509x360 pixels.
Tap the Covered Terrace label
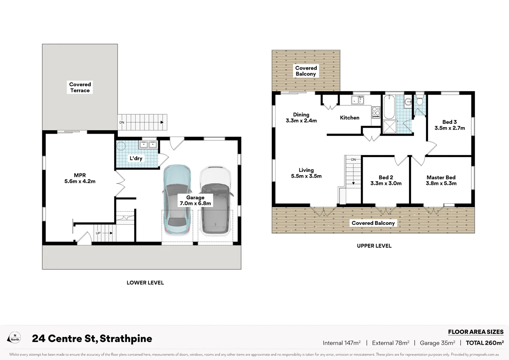[x=80, y=87]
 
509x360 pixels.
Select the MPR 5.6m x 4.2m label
[x=80, y=178]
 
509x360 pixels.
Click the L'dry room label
[x=136, y=158]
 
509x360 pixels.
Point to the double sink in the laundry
[x=148, y=144]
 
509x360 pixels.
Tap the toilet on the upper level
[x=420, y=100]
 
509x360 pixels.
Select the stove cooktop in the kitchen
[x=376, y=112]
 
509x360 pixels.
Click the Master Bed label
[x=441, y=180]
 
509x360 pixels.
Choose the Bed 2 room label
[x=386, y=180]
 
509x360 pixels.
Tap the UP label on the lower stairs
[x=98, y=233]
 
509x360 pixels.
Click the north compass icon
[x=15, y=337]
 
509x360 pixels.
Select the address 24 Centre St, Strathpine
[x=92, y=339]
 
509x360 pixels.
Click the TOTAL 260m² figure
[x=485, y=343]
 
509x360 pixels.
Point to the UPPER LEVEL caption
[x=374, y=246]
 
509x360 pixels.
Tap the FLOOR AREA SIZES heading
[x=476, y=332]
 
